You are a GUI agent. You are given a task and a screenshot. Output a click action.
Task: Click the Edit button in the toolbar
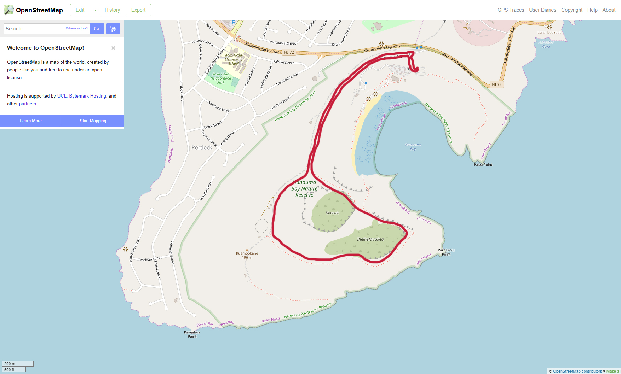coord(80,10)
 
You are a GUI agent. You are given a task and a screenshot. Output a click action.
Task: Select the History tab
coord(112,10)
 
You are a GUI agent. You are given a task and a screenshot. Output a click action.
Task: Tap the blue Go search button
coord(97,29)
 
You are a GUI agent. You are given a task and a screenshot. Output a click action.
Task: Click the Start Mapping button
coord(93,121)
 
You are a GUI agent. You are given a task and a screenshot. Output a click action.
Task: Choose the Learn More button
coord(31,121)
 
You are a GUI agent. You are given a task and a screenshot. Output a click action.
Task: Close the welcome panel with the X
coord(113,48)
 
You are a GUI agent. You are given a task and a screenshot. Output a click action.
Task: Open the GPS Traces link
coord(511,10)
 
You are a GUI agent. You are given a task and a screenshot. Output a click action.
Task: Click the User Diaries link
coord(542,10)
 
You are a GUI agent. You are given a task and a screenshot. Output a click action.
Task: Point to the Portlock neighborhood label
coord(202,147)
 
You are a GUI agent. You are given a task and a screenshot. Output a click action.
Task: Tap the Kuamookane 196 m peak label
coord(247,255)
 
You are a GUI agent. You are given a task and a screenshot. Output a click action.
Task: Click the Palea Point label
coord(483,165)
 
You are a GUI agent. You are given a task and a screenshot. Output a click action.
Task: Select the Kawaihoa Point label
coord(192,334)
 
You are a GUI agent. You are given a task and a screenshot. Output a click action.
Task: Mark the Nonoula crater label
coord(332,213)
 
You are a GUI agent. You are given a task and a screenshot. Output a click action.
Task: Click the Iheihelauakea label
coord(370,239)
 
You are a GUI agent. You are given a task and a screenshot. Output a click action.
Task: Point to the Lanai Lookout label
coord(549,33)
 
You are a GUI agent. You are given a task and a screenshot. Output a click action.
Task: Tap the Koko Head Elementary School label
coord(234,59)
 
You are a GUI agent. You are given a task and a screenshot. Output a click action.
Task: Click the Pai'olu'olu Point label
coord(446,252)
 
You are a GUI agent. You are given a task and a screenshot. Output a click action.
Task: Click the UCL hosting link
coord(62,96)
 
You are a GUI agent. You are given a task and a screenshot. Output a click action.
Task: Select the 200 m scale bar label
coord(10,364)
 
